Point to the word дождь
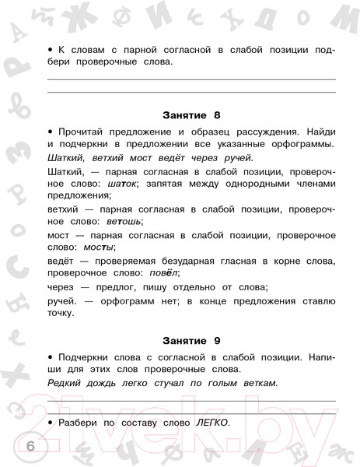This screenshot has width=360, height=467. click(107, 383)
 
